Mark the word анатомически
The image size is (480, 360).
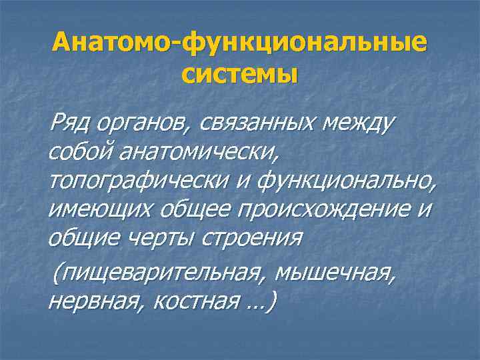tap(201, 152)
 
